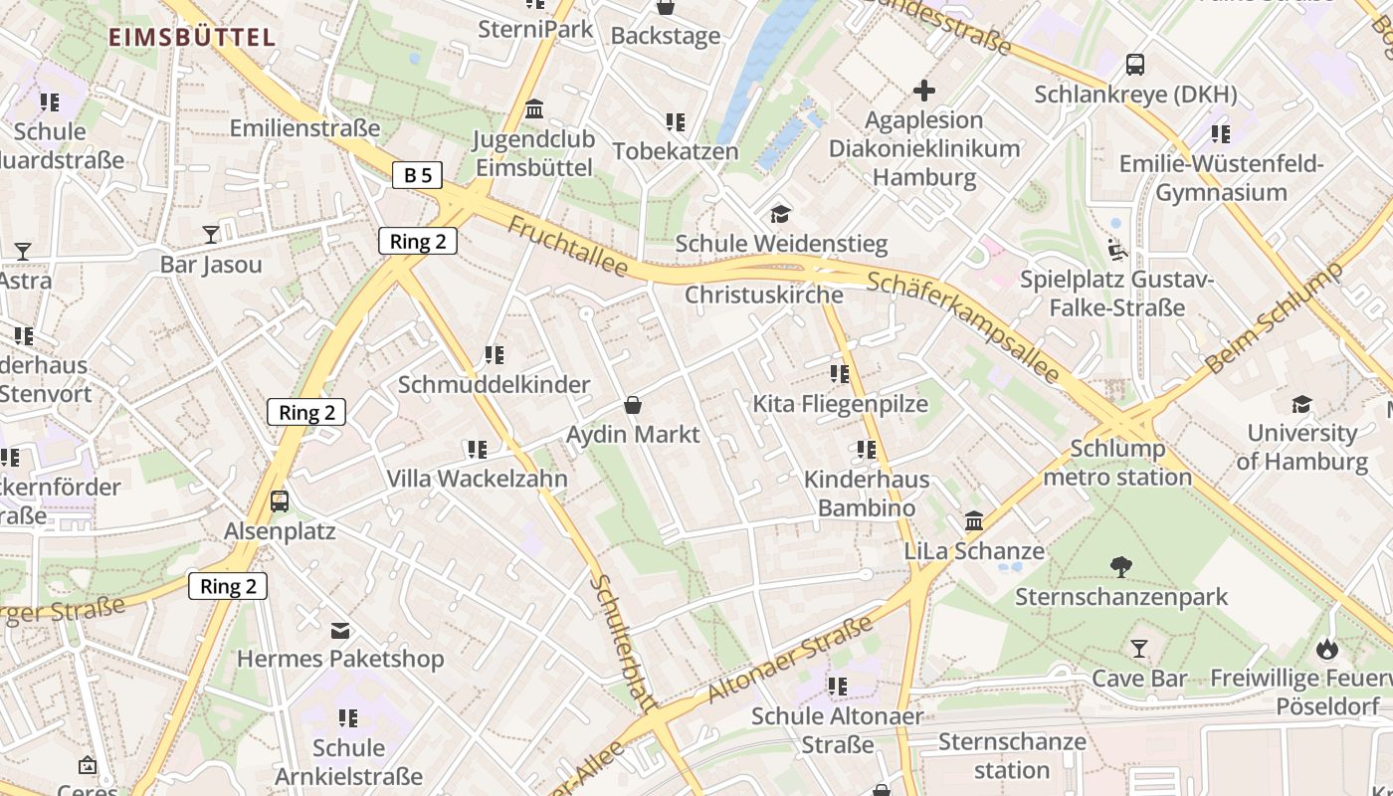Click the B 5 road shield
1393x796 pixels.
[418, 176]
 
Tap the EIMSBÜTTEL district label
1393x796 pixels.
[191, 38]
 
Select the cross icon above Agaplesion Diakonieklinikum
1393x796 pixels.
[924, 92]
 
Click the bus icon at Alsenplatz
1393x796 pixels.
[280, 500]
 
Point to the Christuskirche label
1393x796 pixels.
[764, 295]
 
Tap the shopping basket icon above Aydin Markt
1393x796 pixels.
[632, 405]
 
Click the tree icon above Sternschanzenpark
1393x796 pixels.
[1121, 567]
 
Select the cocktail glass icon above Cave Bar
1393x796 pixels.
[1139, 650]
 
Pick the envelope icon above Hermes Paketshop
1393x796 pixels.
[340, 630]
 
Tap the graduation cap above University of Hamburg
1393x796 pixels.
[1301, 404]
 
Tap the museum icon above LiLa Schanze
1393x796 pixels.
[974, 521]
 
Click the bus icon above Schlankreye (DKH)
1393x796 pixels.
[1135, 65]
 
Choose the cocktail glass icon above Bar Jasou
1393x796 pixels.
[211, 235]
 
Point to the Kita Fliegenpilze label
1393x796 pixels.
[841, 404]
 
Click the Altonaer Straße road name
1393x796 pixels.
[791, 658]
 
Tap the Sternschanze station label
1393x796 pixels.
[1012, 756]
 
